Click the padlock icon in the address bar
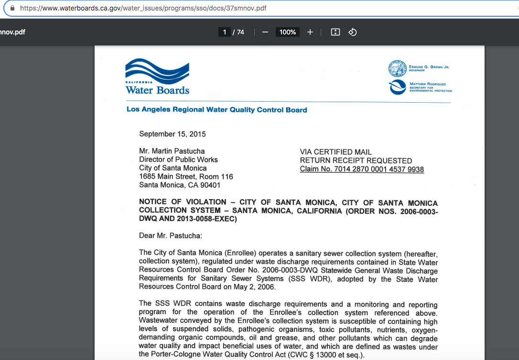(x=12, y=8)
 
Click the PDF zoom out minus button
(x=265, y=32)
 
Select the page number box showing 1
(x=224, y=32)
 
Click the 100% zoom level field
(x=287, y=32)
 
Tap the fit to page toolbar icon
(x=335, y=32)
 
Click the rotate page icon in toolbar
(x=353, y=32)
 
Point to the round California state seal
(x=397, y=69)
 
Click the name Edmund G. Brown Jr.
(x=429, y=67)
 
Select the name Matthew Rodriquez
(x=428, y=84)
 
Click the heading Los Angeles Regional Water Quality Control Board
(x=216, y=110)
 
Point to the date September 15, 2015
(x=173, y=134)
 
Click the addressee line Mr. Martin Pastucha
(x=172, y=151)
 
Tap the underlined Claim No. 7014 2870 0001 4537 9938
(x=362, y=169)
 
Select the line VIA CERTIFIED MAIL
(x=335, y=152)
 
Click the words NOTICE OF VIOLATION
(x=183, y=202)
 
